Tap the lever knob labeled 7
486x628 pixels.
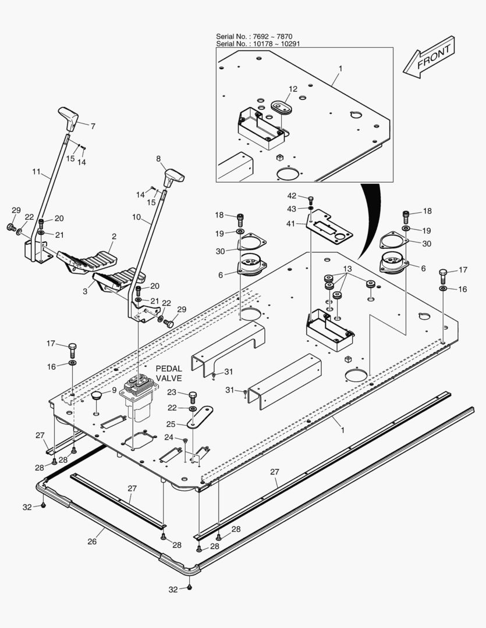click(69, 119)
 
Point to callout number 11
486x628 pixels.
click(36, 172)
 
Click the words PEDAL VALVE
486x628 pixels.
click(169, 373)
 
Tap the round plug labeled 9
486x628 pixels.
click(95, 396)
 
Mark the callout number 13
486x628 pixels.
click(347, 269)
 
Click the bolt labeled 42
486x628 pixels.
click(311, 200)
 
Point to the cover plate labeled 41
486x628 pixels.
click(330, 230)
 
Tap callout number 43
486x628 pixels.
click(292, 209)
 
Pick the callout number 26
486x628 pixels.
click(91, 541)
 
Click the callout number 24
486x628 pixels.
click(169, 437)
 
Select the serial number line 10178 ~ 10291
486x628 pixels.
click(258, 44)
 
